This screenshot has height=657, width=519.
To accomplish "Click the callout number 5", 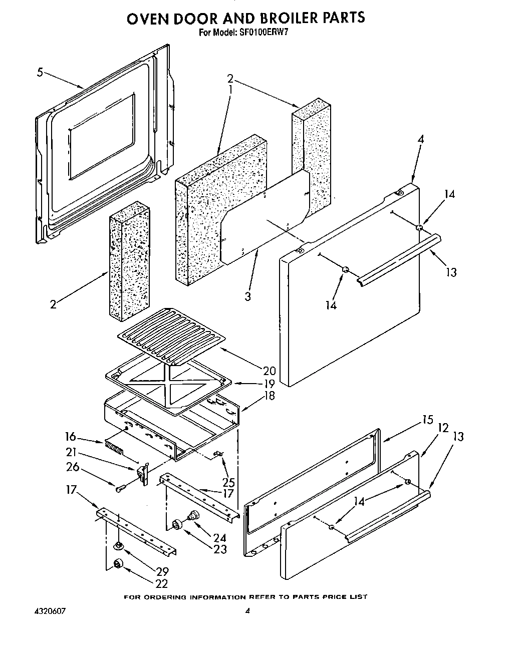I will pyautogui.click(x=40, y=72).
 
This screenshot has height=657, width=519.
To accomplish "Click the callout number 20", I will pyautogui.click(x=269, y=371).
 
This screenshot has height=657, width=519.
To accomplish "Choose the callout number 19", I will pyautogui.click(x=269, y=384).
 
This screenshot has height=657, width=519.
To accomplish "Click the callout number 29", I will pyautogui.click(x=162, y=571).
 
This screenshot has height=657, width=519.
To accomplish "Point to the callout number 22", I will pyautogui.click(x=162, y=583).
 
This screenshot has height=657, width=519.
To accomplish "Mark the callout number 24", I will pyautogui.click(x=219, y=538).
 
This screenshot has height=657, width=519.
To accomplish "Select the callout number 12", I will pyautogui.click(x=443, y=428).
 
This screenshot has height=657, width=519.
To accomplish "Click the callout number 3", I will pyautogui.click(x=247, y=296).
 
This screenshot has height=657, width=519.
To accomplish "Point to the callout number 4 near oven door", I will pyautogui.click(x=420, y=139).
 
